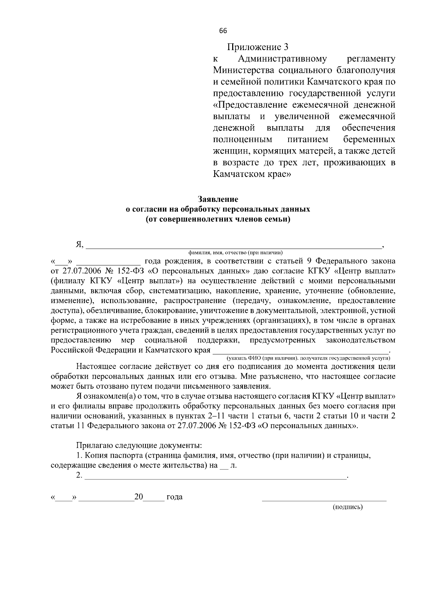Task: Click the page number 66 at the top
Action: (223, 31)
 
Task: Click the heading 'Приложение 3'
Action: (258, 47)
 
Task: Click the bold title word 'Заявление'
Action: (218, 199)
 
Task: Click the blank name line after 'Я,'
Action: (233, 245)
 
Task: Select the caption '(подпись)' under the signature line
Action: (348, 507)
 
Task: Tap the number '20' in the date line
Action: (138, 497)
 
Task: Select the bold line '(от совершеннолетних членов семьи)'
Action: (218, 219)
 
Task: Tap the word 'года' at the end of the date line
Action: (175, 497)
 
